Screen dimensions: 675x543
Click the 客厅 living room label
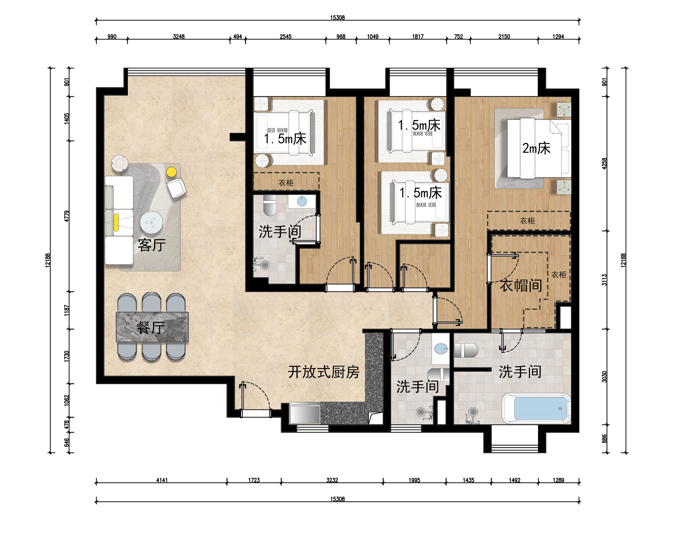click(x=152, y=245)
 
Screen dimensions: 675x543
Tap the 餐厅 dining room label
click(x=151, y=328)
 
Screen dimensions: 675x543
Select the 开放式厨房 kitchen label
click(x=324, y=372)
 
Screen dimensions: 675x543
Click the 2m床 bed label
click(x=536, y=148)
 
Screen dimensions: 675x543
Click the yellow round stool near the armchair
click(x=171, y=172)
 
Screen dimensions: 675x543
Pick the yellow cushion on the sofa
click(x=116, y=222)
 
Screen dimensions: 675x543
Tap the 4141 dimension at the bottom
click(x=162, y=480)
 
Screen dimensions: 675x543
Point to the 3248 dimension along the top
click(x=179, y=36)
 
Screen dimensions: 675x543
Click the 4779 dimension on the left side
click(x=67, y=216)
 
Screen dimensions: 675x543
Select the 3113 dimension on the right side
click(x=604, y=280)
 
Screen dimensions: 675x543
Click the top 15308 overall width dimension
click(x=337, y=17)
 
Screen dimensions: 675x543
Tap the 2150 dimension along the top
click(x=504, y=36)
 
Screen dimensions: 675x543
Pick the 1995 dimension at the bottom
click(x=414, y=480)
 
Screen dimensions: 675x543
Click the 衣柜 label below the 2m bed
click(x=527, y=221)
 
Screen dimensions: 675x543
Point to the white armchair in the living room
click(x=176, y=188)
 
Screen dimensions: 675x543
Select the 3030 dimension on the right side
click(x=604, y=377)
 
